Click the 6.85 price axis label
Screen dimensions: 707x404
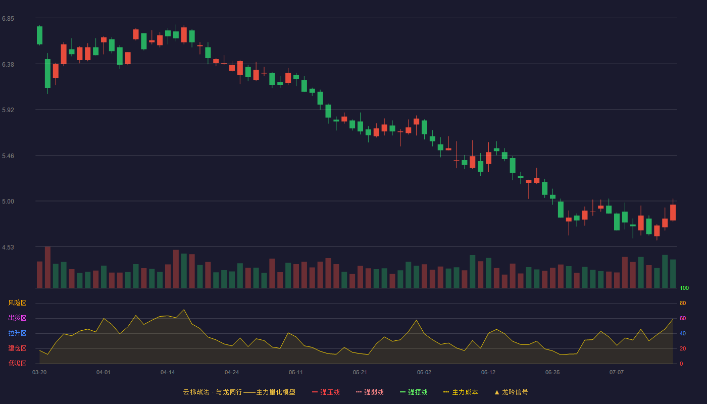click(x=8, y=19)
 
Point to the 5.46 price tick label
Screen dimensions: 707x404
click(x=8, y=156)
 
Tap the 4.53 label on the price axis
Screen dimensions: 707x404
click(x=8, y=247)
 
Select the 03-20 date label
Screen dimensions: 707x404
click(x=39, y=373)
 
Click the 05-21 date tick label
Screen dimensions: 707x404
click(x=360, y=373)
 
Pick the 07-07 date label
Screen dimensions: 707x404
click(x=617, y=373)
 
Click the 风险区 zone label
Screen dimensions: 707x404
click(x=17, y=303)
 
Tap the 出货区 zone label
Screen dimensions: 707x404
click(x=17, y=318)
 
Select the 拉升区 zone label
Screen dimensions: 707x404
click(x=17, y=333)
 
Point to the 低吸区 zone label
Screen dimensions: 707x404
click(x=17, y=363)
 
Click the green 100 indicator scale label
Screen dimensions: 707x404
click(x=684, y=288)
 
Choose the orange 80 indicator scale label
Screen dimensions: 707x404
click(x=683, y=303)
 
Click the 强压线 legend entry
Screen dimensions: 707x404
click(x=326, y=392)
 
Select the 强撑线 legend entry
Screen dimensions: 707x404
click(x=414, y=392)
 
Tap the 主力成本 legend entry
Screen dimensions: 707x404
click(x=461, y=392)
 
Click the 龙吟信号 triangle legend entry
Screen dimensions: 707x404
click(x=511, y=392)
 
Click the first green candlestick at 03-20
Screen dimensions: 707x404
click(x=39, y=35)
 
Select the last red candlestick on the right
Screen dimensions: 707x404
click(x=673, y=212)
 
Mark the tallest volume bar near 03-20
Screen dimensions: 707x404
click(x=47, y=267)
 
